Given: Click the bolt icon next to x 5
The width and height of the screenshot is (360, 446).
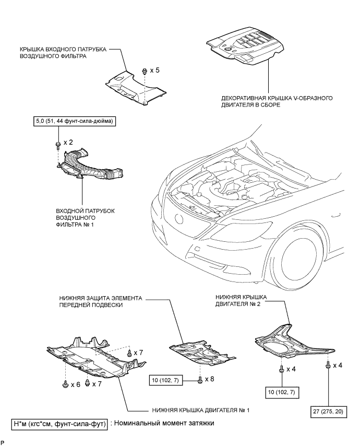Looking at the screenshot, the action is (144, 71).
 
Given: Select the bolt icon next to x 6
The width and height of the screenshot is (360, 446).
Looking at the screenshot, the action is (66, 384).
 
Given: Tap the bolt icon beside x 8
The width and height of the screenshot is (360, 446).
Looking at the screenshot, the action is (200, 379).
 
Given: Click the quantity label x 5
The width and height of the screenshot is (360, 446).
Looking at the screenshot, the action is (155, 70).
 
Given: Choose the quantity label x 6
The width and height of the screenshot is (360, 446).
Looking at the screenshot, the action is (76, 384).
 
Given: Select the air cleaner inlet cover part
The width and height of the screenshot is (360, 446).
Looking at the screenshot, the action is (135, 88).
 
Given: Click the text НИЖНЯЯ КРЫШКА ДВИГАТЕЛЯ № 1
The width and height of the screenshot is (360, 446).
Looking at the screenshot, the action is (200, 410).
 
